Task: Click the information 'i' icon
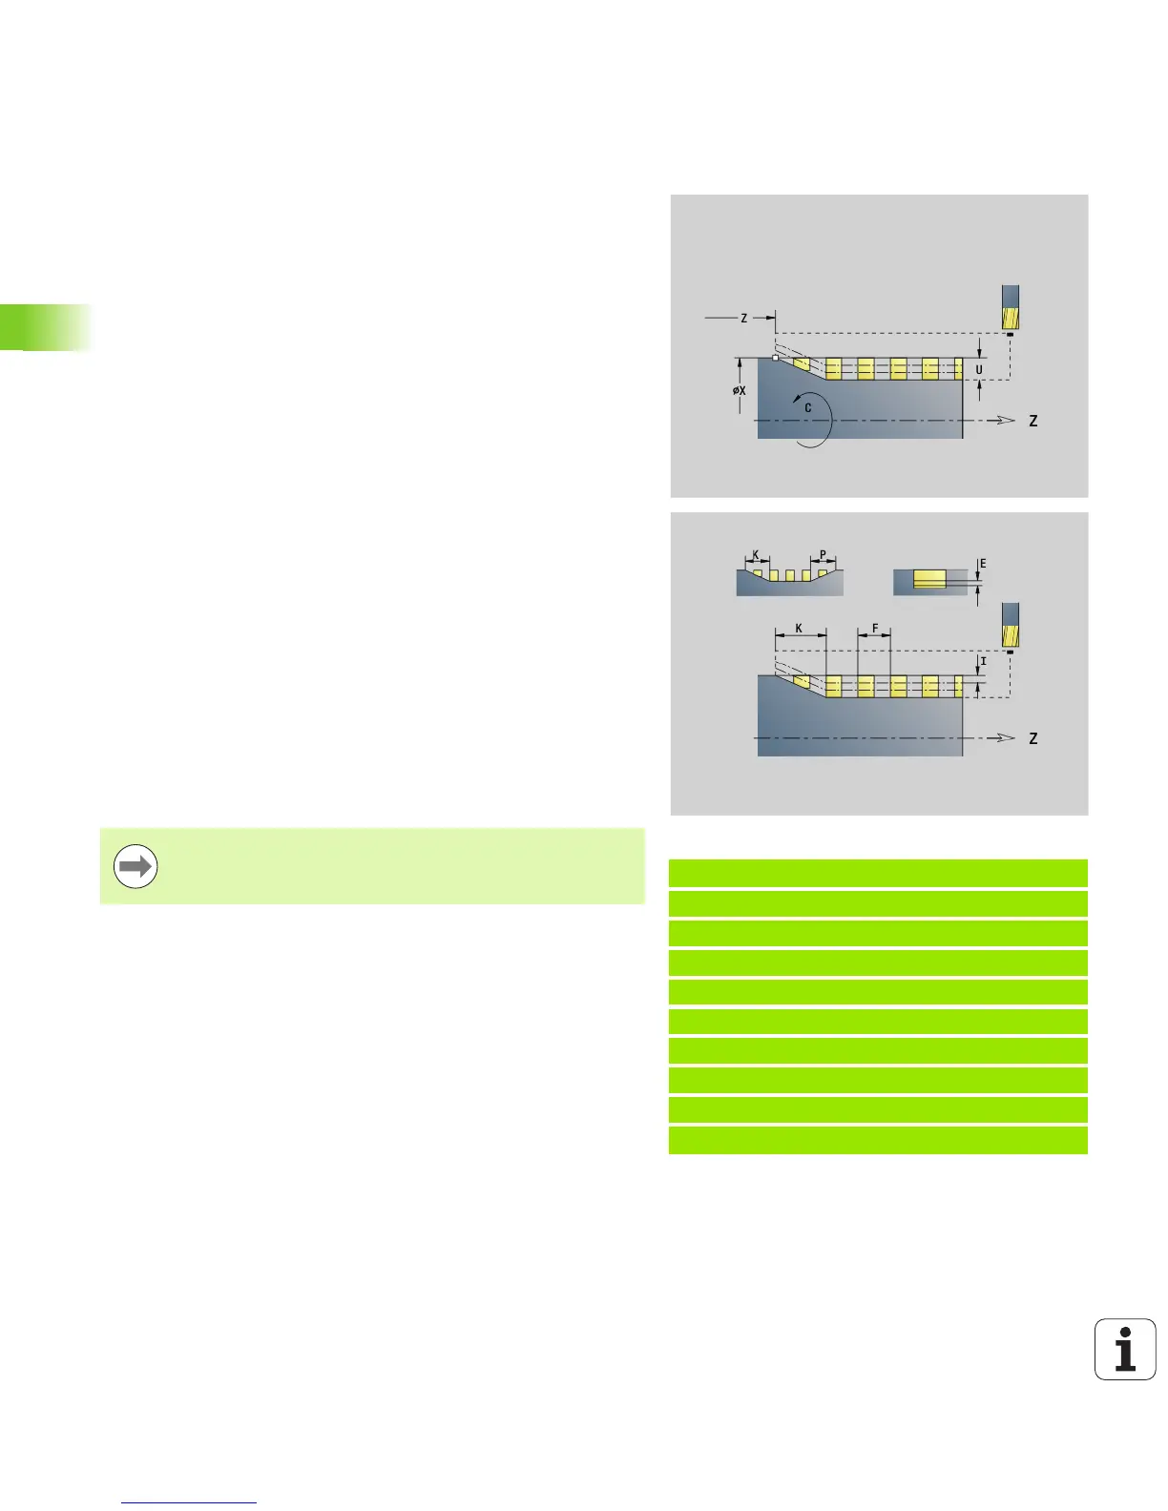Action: [x=1125, y=1349]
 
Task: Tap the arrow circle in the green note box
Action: [x=136, y=867]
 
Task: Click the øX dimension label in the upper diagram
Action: [x=740, y=390]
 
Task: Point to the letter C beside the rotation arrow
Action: [x=807, y=408]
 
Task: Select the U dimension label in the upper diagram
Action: [x=978, y=370]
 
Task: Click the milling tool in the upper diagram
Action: [x=1010, y=307]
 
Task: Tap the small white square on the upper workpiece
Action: [x=775, y=358]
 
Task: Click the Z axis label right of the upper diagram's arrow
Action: [x=1032, y=421]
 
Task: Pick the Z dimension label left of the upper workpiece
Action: [x=744, y=319]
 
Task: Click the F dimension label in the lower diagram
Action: [x=874, y=630]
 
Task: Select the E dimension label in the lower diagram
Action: [x=983, y=564]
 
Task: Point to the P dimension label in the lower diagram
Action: [x=823, y=555]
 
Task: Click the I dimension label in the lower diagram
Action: [x=983, y=661]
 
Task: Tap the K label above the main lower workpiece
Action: [x=799, y=630]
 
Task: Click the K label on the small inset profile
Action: [x=756, y=555]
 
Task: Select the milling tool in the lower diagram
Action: [x=1010, y=625]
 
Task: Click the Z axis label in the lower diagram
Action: [x=1032, y=738]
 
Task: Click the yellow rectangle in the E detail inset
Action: [x=929, y=579]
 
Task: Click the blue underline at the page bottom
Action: [x=189, y=1503]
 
